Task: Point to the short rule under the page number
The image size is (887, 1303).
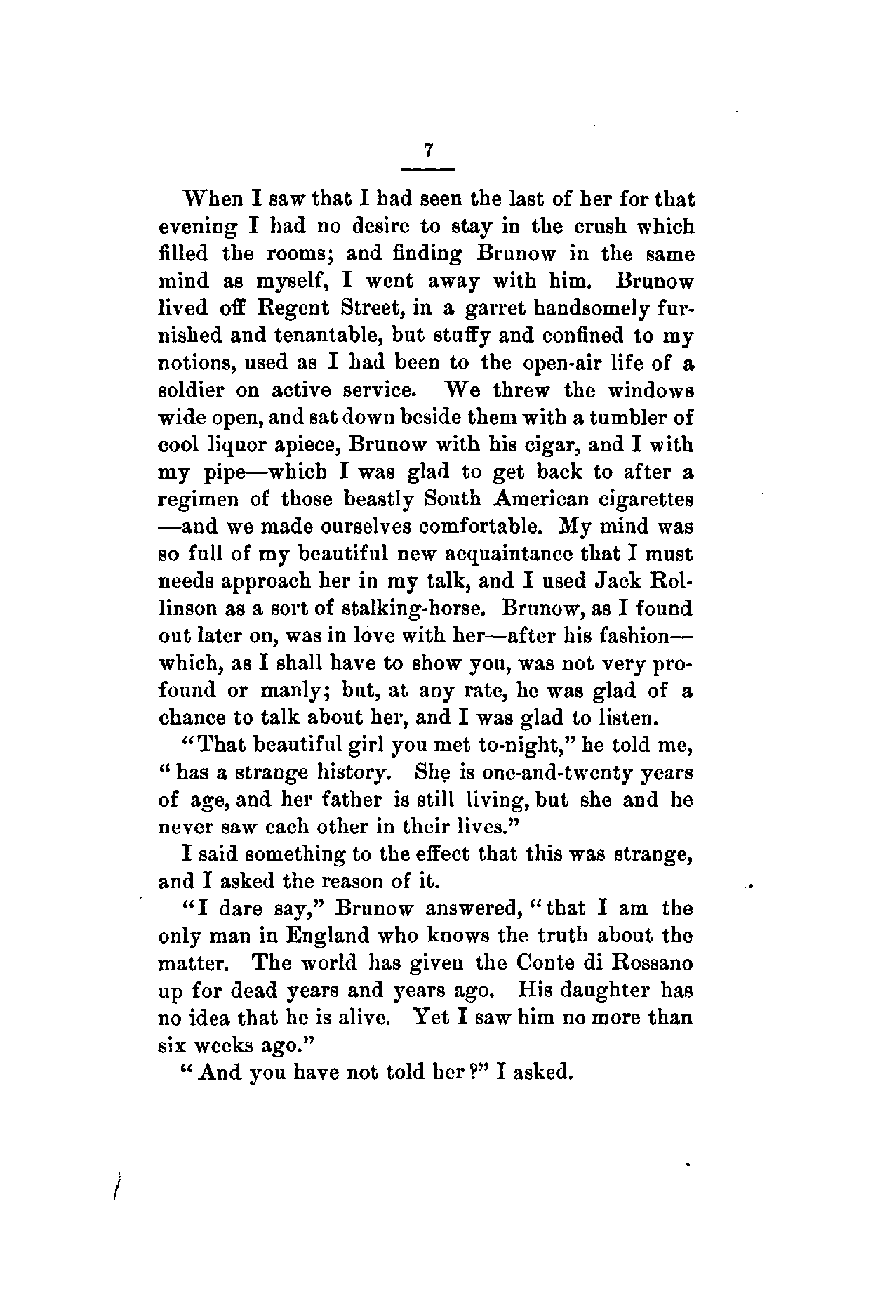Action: pyautogui.click(x=427, y=169)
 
